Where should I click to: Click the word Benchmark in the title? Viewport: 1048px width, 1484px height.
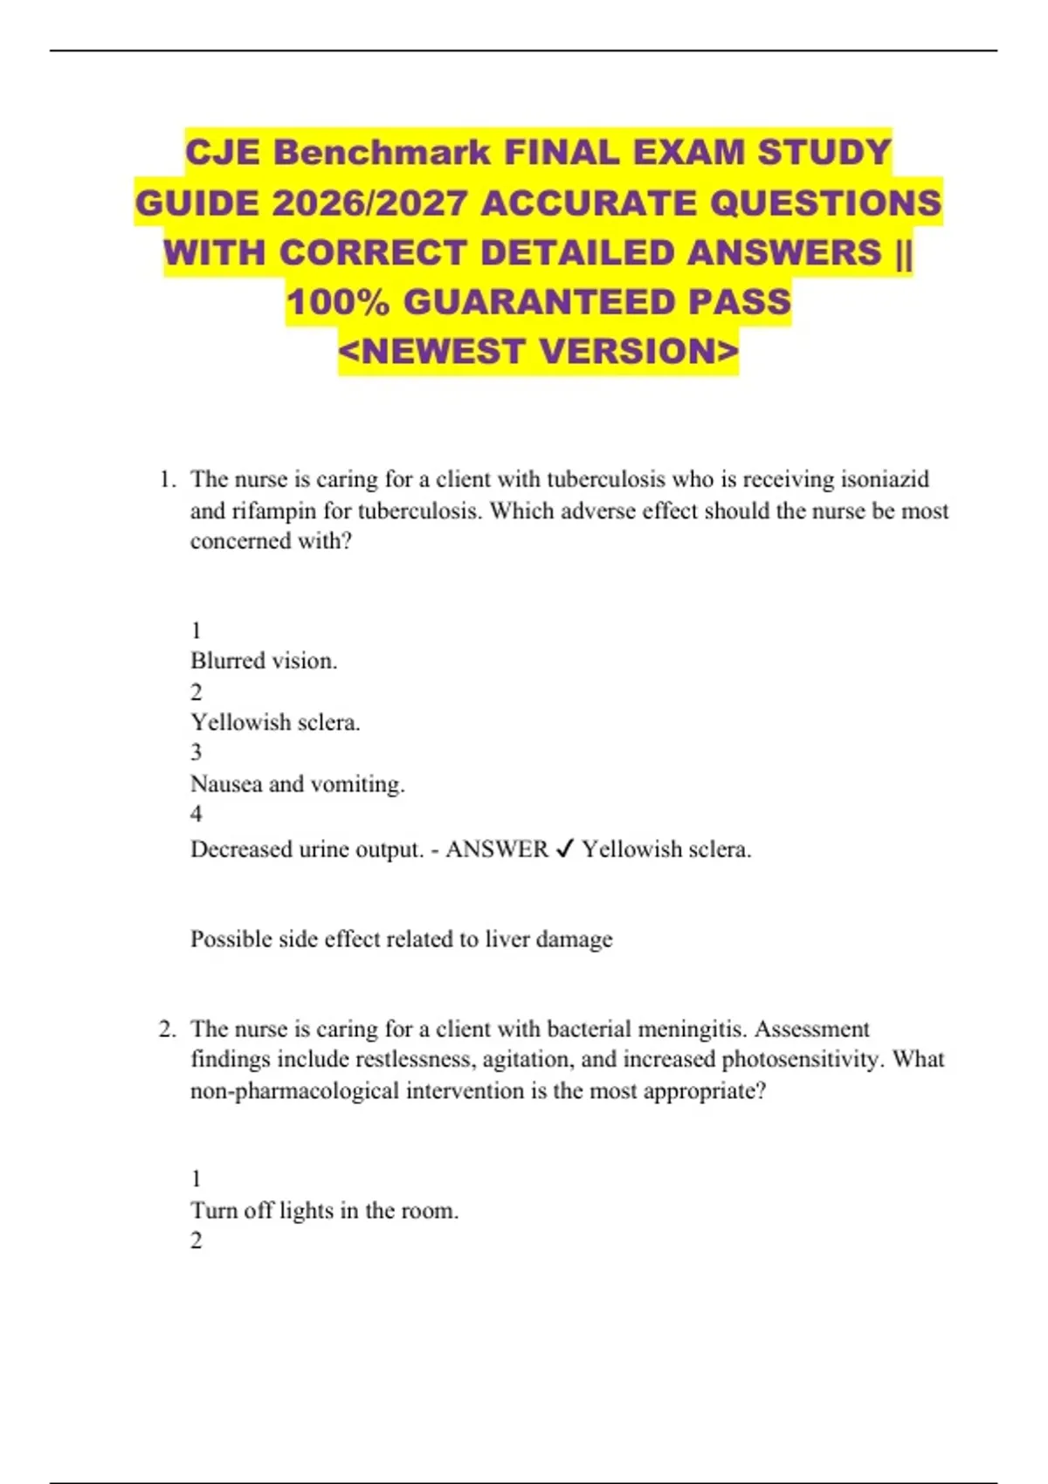(382, 153)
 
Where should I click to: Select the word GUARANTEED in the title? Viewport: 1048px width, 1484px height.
(539, 302)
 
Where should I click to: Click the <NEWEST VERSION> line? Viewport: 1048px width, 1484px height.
(538, 352)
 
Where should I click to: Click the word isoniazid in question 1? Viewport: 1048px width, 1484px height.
(884, 479)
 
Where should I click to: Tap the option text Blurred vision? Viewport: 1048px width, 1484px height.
(264, 661)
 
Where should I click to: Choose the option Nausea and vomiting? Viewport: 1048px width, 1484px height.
(297, 784)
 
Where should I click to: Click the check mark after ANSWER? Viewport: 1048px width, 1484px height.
(564, 849)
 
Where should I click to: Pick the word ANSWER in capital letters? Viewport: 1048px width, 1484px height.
(496, 849)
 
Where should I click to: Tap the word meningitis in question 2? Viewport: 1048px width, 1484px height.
(690, 1029)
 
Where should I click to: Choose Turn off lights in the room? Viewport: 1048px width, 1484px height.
(324, 1211)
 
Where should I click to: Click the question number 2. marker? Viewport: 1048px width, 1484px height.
(168, 1029)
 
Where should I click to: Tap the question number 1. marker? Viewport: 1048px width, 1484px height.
(168, 479)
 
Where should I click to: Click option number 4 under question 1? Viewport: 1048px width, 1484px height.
(196, 814)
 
